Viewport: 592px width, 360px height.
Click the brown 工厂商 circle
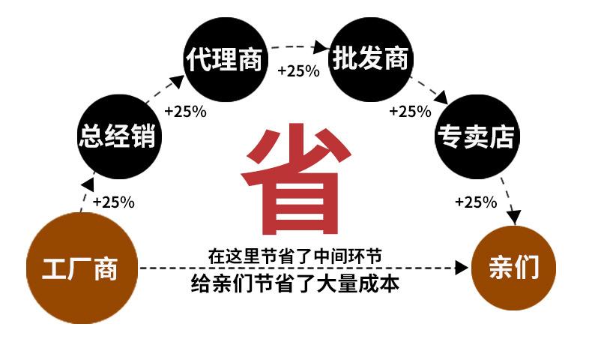click(82, 268)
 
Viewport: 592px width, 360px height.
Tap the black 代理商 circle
click(225, 59)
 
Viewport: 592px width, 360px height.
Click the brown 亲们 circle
click(514, 268)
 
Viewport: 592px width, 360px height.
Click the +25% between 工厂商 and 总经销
click(113, 202)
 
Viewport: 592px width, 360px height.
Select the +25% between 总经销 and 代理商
click(185, 111)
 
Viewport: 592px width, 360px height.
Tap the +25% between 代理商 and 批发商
click(298, 71)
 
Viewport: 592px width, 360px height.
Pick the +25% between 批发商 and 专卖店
click(410, 112)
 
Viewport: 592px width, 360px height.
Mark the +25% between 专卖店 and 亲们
click(476, 202)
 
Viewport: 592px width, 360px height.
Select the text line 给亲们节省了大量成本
click(295, 284)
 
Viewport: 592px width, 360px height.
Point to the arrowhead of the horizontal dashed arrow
click(463, 268)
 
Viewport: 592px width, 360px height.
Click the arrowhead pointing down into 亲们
click(513, 217)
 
